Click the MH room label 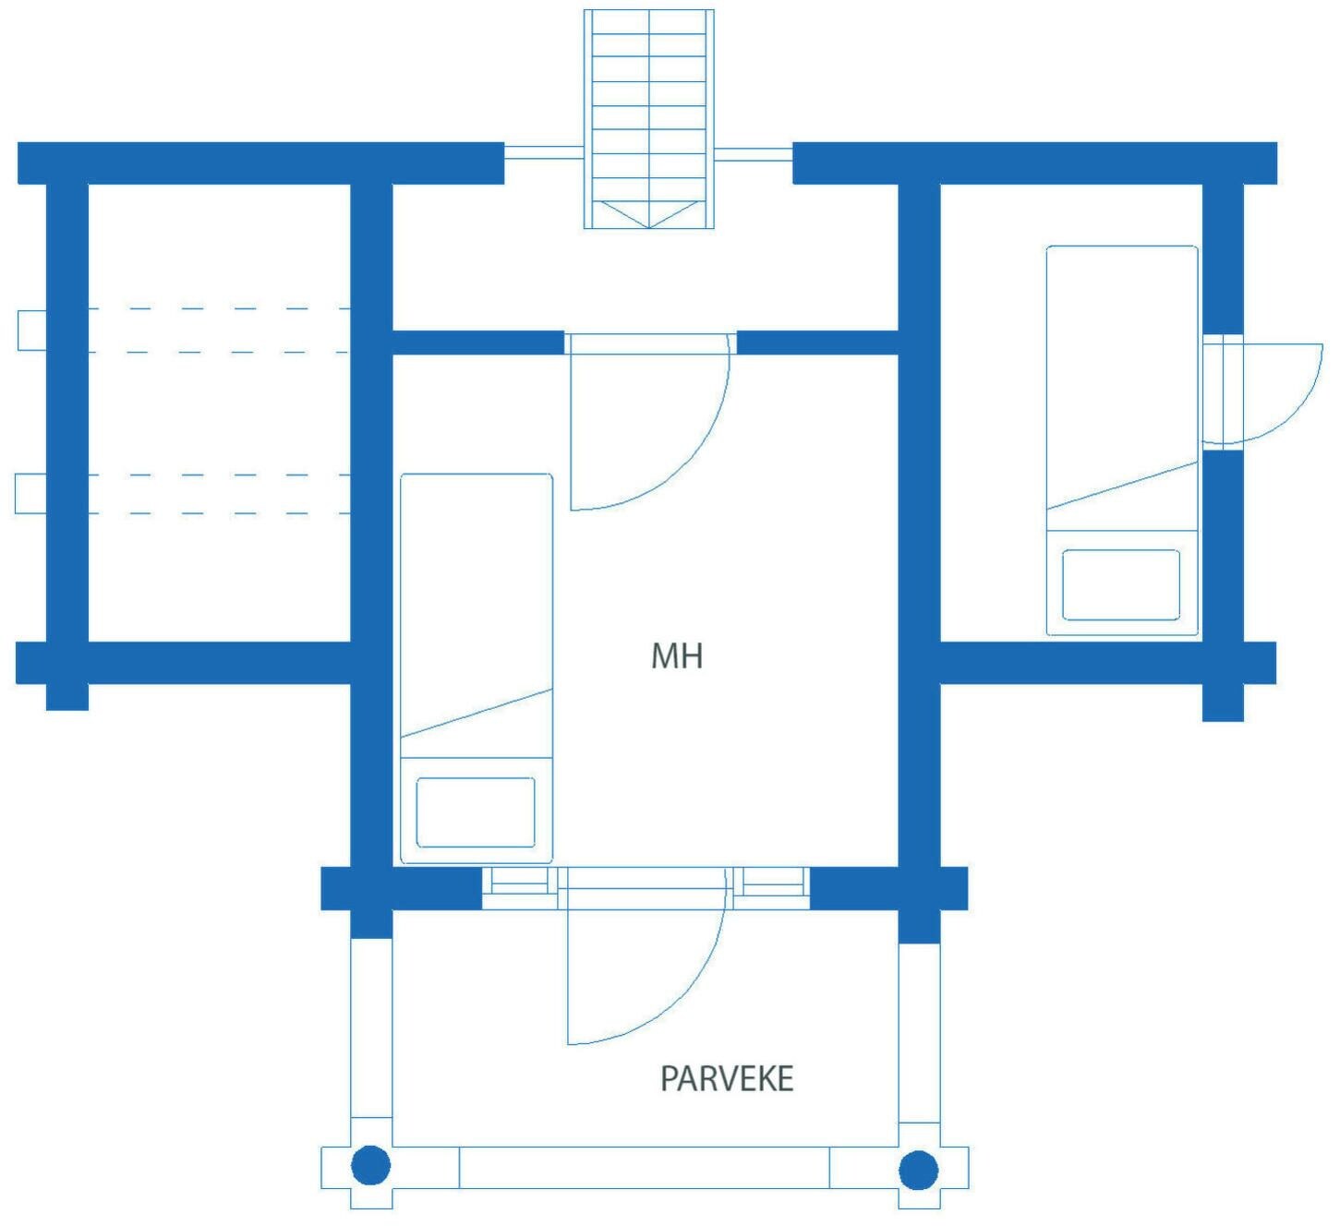tap(677, 656)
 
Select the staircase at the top tap(648, 119)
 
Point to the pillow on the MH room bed tap(475, 812)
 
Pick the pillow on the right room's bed tap(1121, 585)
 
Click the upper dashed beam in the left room tap(219, 330)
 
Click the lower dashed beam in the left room tap(219, 494)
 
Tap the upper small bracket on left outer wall tap(32, 330)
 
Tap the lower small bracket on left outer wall tap(30, 494)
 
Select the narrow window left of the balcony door tap(519, 888)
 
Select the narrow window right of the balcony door tap(771, 888)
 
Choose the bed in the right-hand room tap(1122, 440)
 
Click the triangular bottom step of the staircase tap(648, 213)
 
